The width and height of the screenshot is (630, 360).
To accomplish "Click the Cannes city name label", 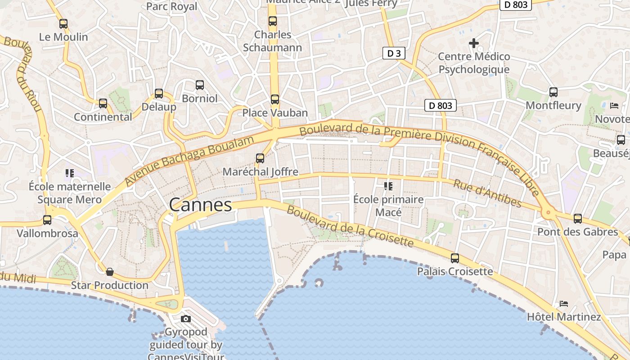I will [201, 205].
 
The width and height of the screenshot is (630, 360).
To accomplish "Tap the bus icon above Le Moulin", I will [63, 24].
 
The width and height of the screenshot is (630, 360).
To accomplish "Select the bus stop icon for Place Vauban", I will [274, 99].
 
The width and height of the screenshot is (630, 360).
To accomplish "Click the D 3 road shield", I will [394, 53].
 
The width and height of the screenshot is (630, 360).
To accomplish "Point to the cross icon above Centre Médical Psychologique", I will [474, 43].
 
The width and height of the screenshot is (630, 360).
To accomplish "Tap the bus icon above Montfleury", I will [553, 92].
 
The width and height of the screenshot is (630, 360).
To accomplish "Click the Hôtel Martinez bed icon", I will [564, 304].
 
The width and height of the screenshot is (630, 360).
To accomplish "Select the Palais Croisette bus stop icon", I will [455, 258].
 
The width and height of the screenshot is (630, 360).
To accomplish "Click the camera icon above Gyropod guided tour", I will [185, 319].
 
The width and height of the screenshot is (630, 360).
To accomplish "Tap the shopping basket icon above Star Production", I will [109, 272].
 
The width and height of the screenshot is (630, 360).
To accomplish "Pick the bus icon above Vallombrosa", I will [47, 220].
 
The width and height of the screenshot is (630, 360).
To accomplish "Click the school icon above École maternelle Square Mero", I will [69, 173].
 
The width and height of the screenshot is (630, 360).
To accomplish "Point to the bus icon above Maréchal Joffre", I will [260, 158].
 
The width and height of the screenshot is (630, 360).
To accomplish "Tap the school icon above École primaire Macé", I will [388, 186].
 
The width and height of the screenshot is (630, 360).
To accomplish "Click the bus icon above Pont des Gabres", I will [578, 219].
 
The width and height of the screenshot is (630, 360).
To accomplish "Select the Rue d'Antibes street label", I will [487, 194].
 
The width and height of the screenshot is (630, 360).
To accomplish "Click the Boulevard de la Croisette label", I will [350, 227].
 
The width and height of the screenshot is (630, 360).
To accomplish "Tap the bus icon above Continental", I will [103, 103].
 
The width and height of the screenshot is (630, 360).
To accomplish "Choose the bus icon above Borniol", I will [199, 85].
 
